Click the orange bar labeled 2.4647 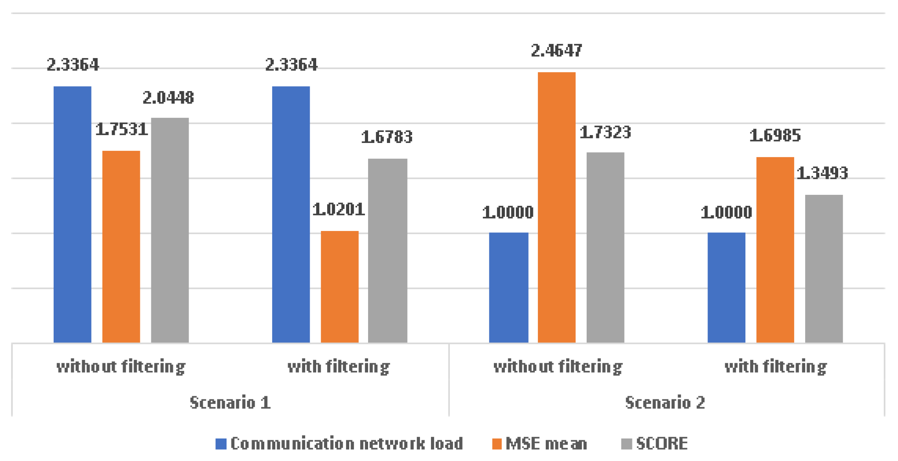tap(556, 207)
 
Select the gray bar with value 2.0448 tap(170, 230)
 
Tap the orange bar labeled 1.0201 tap(339, 286)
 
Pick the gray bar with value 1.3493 tap(824, 268)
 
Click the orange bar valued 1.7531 tap(121, 246)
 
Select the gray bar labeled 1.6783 tap(387, 250)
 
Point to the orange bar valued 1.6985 tap(775, 249)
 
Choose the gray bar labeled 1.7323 tap(605, 247)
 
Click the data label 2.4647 tap(556, 51)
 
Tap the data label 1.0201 tap(339, 209)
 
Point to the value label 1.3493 tap(822, 173)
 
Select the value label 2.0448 tap(168, 98)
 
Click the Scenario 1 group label tap(230, 402)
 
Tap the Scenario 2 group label tap(665, 402)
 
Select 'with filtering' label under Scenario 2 tap(775, 366)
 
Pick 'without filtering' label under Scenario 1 tap(121, 366)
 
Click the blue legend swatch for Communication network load tap(221, 444)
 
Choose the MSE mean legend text tap(546, 443)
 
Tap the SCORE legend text tap(662, 443)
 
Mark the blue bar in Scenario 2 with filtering tap(726, 287)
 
